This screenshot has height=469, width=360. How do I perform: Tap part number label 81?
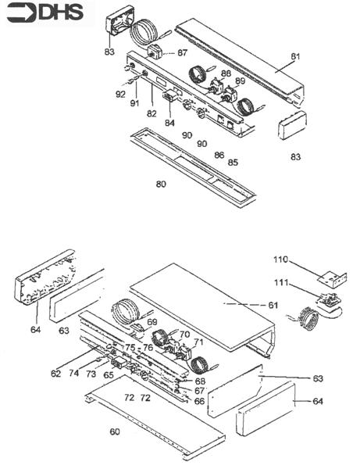[295, 56]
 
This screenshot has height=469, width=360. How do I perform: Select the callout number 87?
[182, 52]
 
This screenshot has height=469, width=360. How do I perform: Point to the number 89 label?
[240, 81]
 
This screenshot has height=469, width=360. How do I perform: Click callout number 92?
[120, 95]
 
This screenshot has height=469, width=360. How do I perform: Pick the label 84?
[169, 122]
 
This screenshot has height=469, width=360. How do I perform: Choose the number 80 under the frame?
[162, 184]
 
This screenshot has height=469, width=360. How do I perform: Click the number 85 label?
[233, 163]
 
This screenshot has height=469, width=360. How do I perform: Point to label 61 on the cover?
[273, 304]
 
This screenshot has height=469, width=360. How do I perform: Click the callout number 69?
[152, 322]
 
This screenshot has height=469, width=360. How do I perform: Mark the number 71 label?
[198, 342]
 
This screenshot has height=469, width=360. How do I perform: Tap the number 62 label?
[55, 374]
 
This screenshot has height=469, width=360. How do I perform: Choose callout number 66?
[200, 400]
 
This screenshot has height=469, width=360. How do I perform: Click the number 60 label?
[115, 431]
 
